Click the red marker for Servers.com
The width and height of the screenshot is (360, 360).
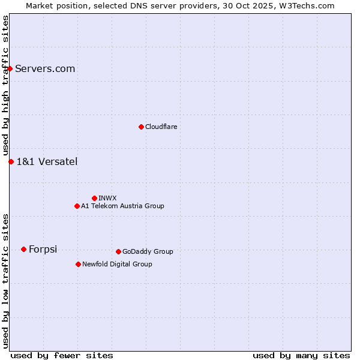click(x=10, y=68)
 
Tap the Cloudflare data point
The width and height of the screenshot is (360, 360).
click(x=141, y=127)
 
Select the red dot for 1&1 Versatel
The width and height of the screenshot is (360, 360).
click(x=11, y=161)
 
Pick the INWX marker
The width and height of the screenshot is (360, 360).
click(x=94, y=198)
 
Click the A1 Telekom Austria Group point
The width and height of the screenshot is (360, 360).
click(x=77, y=206)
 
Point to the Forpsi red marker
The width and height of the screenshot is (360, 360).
click(x=23, y=249)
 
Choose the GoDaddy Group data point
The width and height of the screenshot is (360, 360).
click(x=118, y=251)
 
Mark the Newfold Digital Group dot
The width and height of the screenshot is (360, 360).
click(x=78, y=264)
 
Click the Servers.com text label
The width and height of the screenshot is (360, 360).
click(x=45, y=68)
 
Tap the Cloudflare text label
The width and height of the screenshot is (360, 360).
click(x=161, y=127)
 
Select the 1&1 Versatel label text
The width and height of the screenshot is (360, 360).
click(x=47, y=161)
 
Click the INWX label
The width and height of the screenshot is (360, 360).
click(x=107, y=198)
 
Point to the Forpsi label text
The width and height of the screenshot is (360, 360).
click(x=43, y=249)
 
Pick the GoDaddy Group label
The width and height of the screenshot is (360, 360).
click(x=148, y=251)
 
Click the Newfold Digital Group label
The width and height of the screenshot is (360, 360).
click(x=117, y=264)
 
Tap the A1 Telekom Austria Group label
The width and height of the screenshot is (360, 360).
click(x=122, y=206)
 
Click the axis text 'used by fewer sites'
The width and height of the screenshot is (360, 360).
click(x=62, y=355)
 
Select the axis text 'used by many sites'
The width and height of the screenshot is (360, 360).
click(x=301, y=355)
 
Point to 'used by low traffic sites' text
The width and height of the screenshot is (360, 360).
click(x=5, y=281)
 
